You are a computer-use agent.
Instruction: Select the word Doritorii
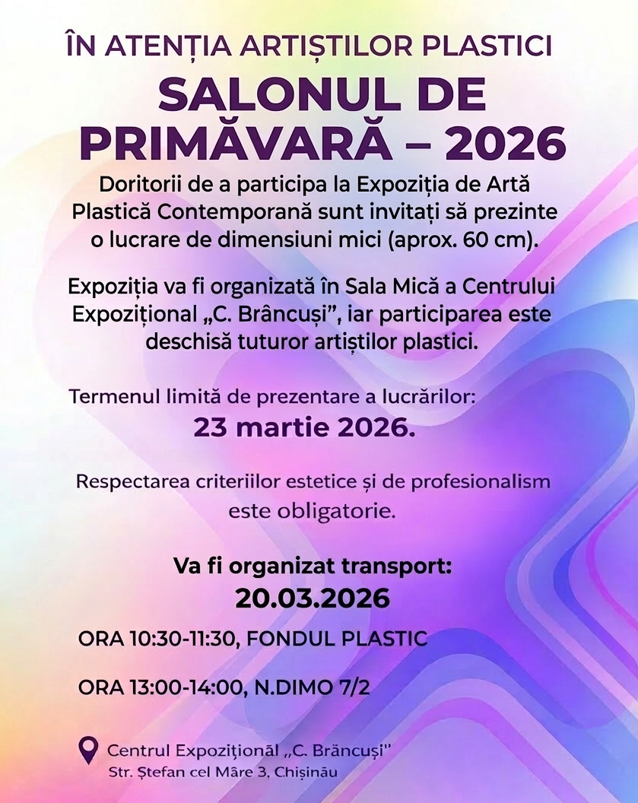pyautogui.click(x=138, y=186)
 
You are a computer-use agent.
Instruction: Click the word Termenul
pyautogui.click(x=111, y=396)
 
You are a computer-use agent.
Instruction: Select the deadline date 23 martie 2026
pyautogui.click(x=304, y=427)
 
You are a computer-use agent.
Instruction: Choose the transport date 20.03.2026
pyautogui.click(x=313, y=598)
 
